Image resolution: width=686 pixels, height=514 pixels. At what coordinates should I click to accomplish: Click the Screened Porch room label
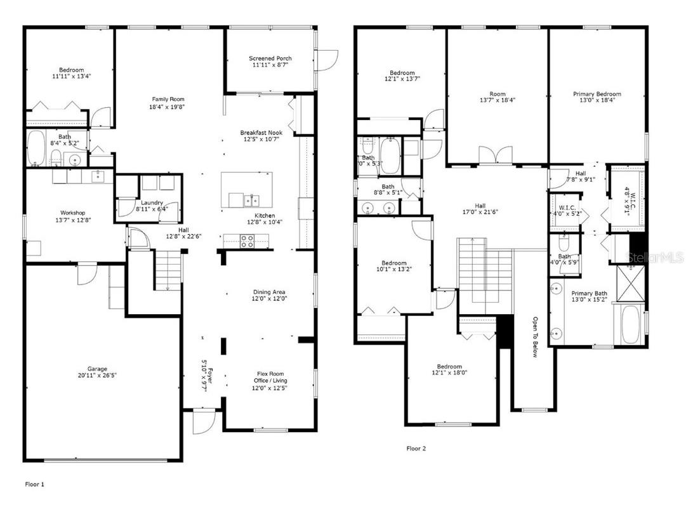(x=270, y=58)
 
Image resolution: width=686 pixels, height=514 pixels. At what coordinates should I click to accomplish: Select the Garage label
(x=97, y=369)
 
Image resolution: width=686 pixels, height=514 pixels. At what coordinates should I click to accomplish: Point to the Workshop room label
(x=72, y=213)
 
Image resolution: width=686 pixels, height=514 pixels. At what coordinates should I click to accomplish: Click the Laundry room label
(x=152, y=203)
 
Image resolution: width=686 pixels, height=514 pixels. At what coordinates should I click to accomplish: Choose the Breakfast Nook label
(x=261, y=133)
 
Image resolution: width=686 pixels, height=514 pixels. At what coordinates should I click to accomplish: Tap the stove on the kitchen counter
(x=246, y=241)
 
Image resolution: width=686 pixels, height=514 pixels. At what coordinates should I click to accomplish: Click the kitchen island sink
(x=252, y=201)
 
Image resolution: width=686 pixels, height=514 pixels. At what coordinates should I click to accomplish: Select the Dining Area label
(x=270, y=292)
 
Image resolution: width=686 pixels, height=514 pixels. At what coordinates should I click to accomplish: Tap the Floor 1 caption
(x=35, y=484)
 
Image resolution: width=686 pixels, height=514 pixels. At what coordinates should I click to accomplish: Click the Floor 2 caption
(x=416, y=449)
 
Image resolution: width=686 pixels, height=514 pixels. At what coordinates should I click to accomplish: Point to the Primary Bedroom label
(x=597, y=94)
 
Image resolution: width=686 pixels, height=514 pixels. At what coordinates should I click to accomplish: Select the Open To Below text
(x=535, y=337)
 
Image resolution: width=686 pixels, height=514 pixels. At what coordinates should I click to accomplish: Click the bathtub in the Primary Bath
(x=630, y=324)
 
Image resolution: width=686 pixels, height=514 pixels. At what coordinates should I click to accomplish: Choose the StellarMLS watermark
(x=654, y=257)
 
